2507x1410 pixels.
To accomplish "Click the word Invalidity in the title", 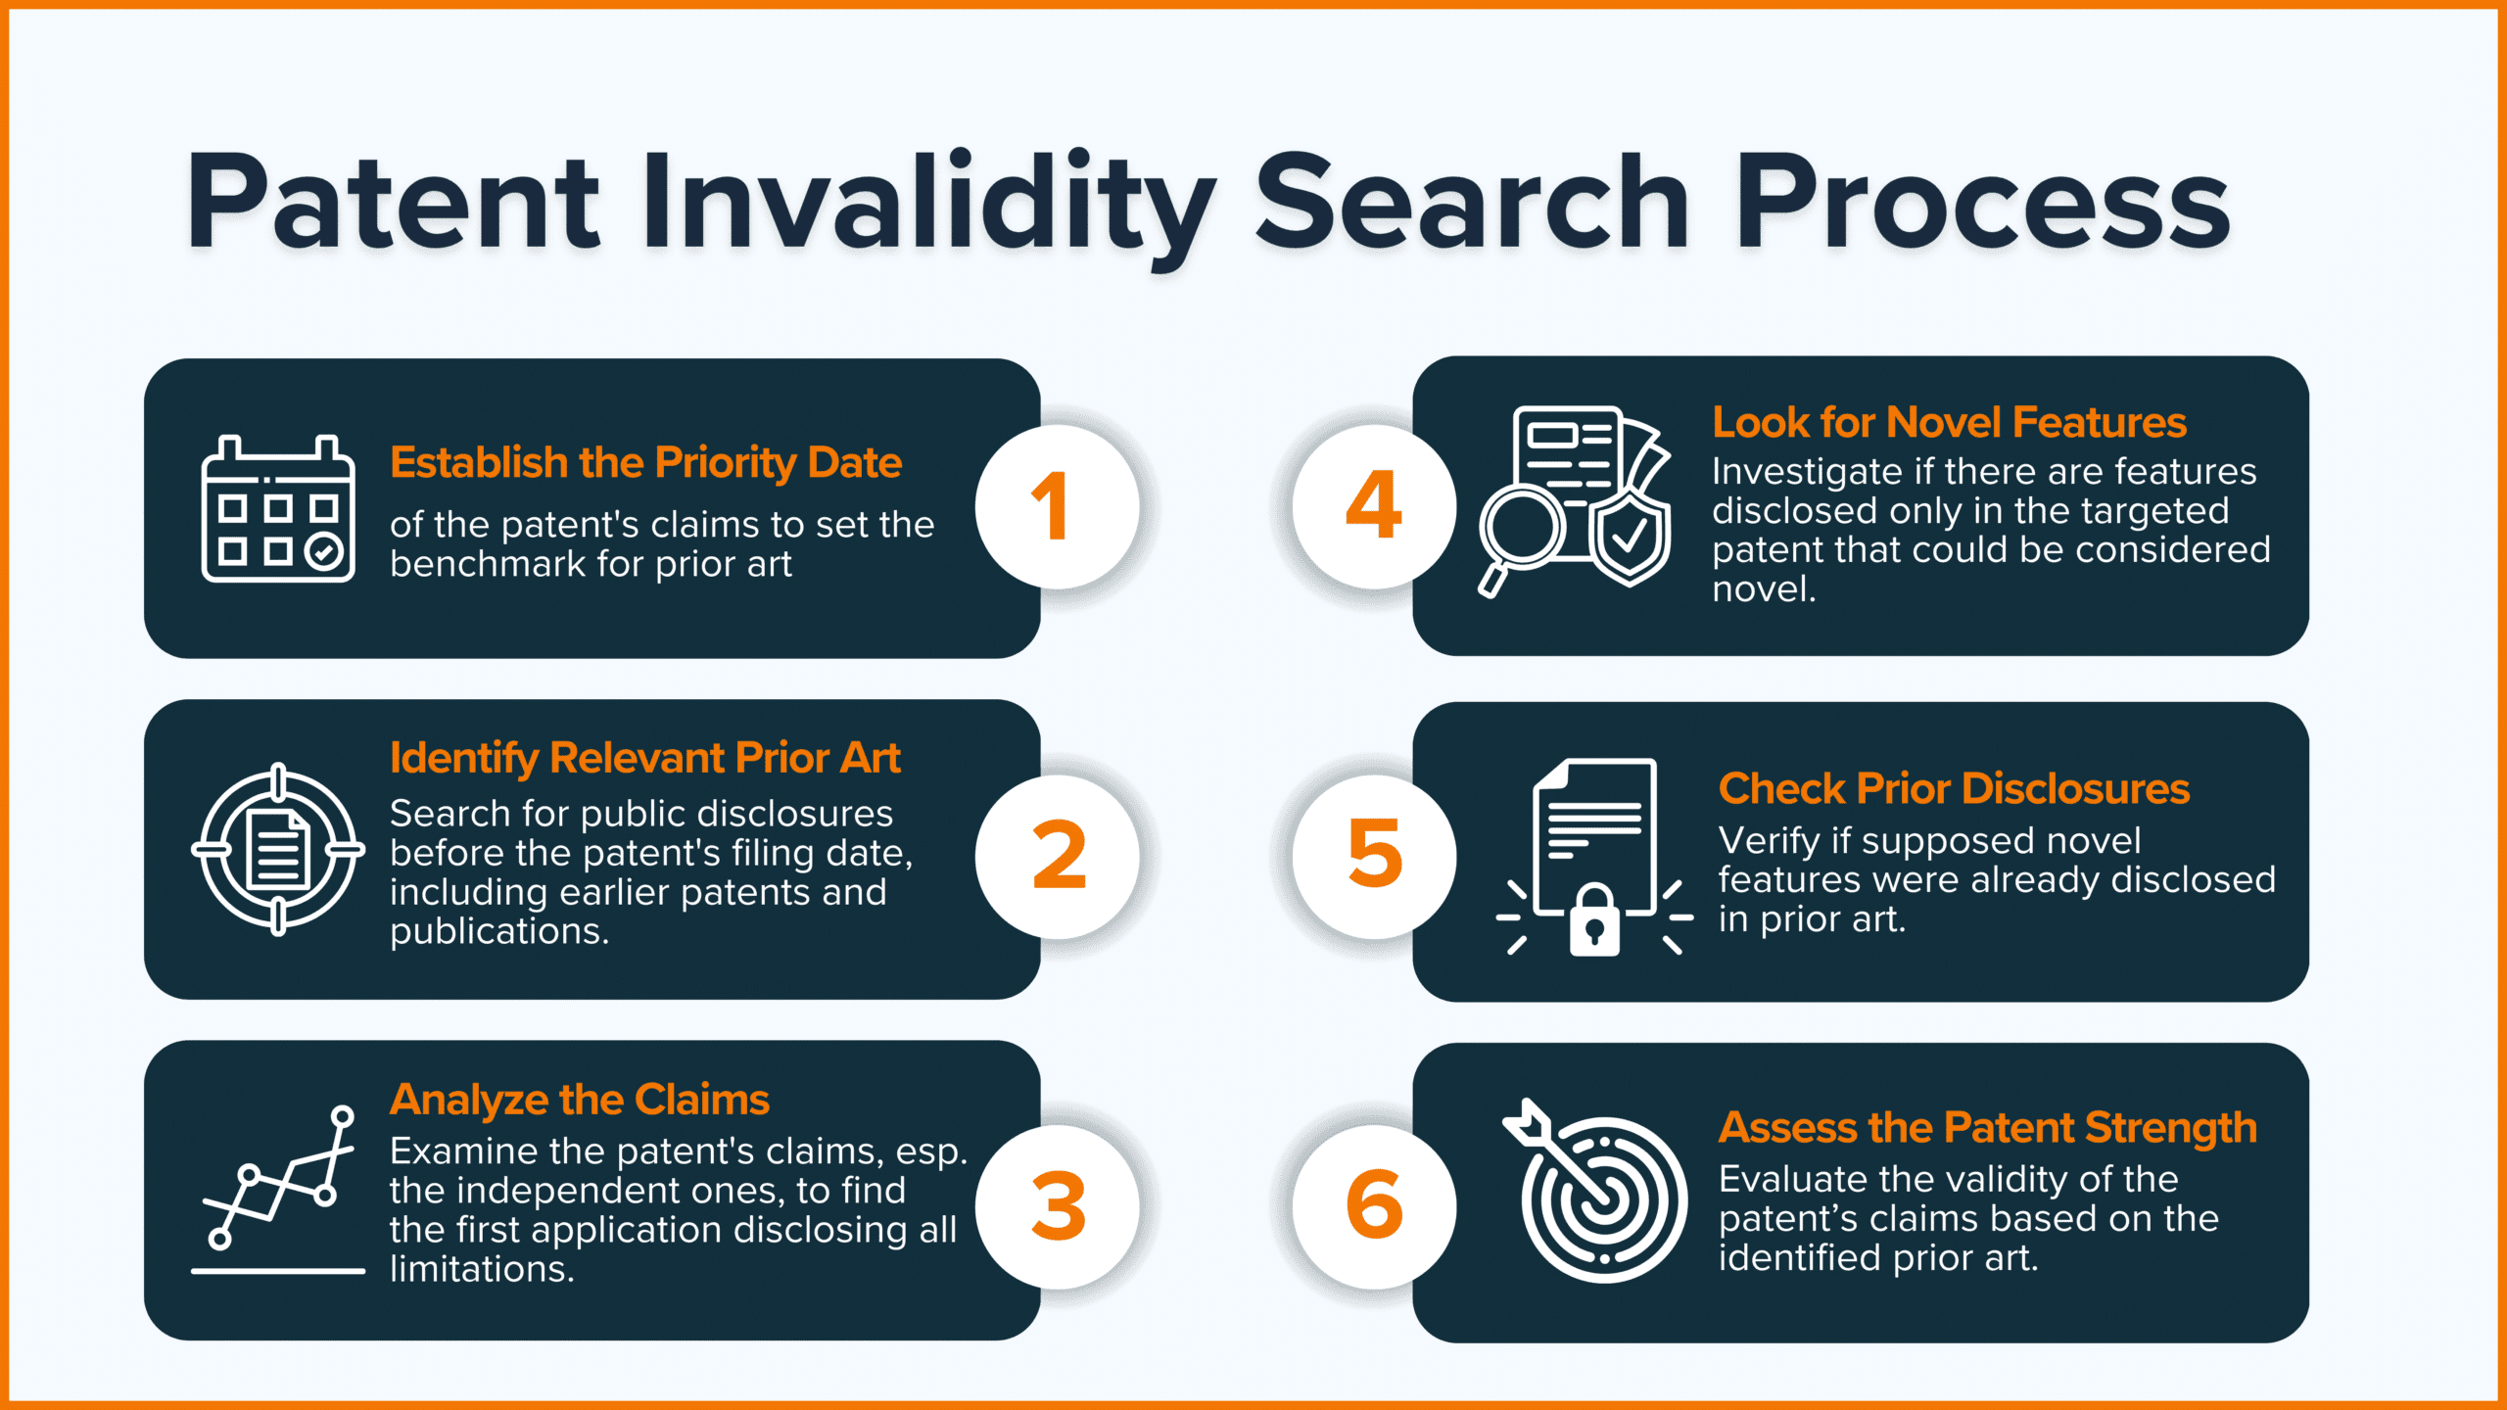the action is pos(928,207).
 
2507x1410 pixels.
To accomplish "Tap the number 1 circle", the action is pos(1058,506).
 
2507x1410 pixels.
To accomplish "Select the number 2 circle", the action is pos(1058,857).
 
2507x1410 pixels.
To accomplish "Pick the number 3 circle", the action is pos(1058,1206).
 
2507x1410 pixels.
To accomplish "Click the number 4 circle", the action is pos(1374,506).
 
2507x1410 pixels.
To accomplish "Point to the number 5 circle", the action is pos(1374,857).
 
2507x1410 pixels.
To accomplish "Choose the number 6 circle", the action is pos(1374,1206).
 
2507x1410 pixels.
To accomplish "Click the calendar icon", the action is pos(278,508).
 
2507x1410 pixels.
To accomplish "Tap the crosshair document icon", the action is pos(278,849).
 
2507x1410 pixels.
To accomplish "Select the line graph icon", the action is pos(278,1189).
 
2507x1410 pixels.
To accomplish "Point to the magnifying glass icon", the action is pos(1519,538).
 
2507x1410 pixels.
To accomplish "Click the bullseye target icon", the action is pos(1596,1191).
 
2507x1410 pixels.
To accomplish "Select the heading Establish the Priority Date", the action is pos(645,463).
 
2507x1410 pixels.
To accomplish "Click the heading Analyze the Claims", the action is pos(580,1101).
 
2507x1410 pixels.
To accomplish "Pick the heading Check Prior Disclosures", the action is pos(1954,789).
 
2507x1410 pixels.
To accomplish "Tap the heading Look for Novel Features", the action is pos(1949,423).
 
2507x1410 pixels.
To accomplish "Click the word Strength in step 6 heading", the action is pos(2171,1129).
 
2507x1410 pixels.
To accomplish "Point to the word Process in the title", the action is pos(1982,205).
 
